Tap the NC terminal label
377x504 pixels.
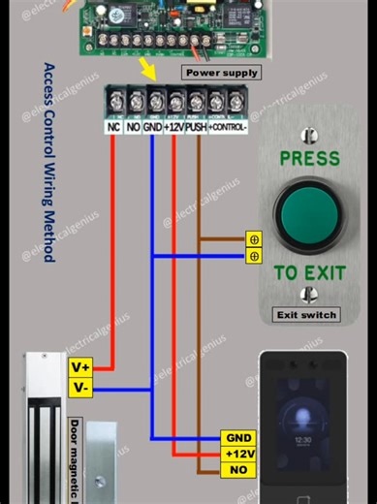pos(112,126)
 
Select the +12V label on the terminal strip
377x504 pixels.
pos(175,126)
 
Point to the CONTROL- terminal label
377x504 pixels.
pos(229,126)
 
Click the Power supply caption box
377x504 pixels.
pos(221,73)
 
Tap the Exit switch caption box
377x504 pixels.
pos(306,314)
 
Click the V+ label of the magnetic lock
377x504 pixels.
pos(80,367)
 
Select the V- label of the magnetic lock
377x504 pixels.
pos(80,388)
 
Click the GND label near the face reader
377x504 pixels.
pos(237,438)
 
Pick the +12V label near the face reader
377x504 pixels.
pos(237,455)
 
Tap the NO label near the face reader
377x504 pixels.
pos(237,470)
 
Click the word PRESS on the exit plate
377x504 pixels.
pos(309,158)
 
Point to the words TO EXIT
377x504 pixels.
pos(309,273)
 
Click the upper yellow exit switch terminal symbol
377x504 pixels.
pos(254,238)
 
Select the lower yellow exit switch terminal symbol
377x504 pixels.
pos(254,256)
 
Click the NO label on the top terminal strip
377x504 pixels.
pos(133,126)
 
